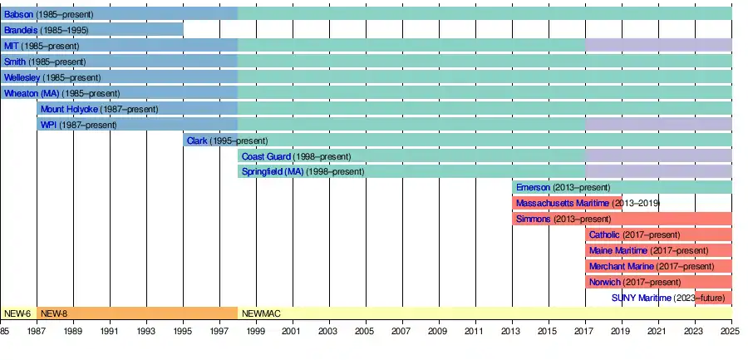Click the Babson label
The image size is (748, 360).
(18, 14)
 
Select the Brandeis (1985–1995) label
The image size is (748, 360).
(47, 30)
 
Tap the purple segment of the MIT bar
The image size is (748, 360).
(659, 46)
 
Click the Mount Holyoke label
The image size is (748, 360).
(69, 110)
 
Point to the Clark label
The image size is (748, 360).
(197, 141)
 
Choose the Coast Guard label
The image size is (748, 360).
(266, 156)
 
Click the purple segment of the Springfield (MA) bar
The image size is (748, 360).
(659, 171)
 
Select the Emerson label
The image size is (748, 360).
(534, 188)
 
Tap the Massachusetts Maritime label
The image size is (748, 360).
(563, 204)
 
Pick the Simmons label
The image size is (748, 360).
(534, 219)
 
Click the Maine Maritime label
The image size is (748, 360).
(618, 250)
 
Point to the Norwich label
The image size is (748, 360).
(605, 282)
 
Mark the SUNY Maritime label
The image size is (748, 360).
(641, 298)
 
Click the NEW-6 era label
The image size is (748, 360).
(17, 313)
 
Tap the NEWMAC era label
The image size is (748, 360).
(262, 313)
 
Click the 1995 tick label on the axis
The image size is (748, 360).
(183, 330)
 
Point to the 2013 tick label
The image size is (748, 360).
(512, 330)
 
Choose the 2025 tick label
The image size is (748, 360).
(731, 330)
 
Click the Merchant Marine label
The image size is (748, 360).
(622, 266)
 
